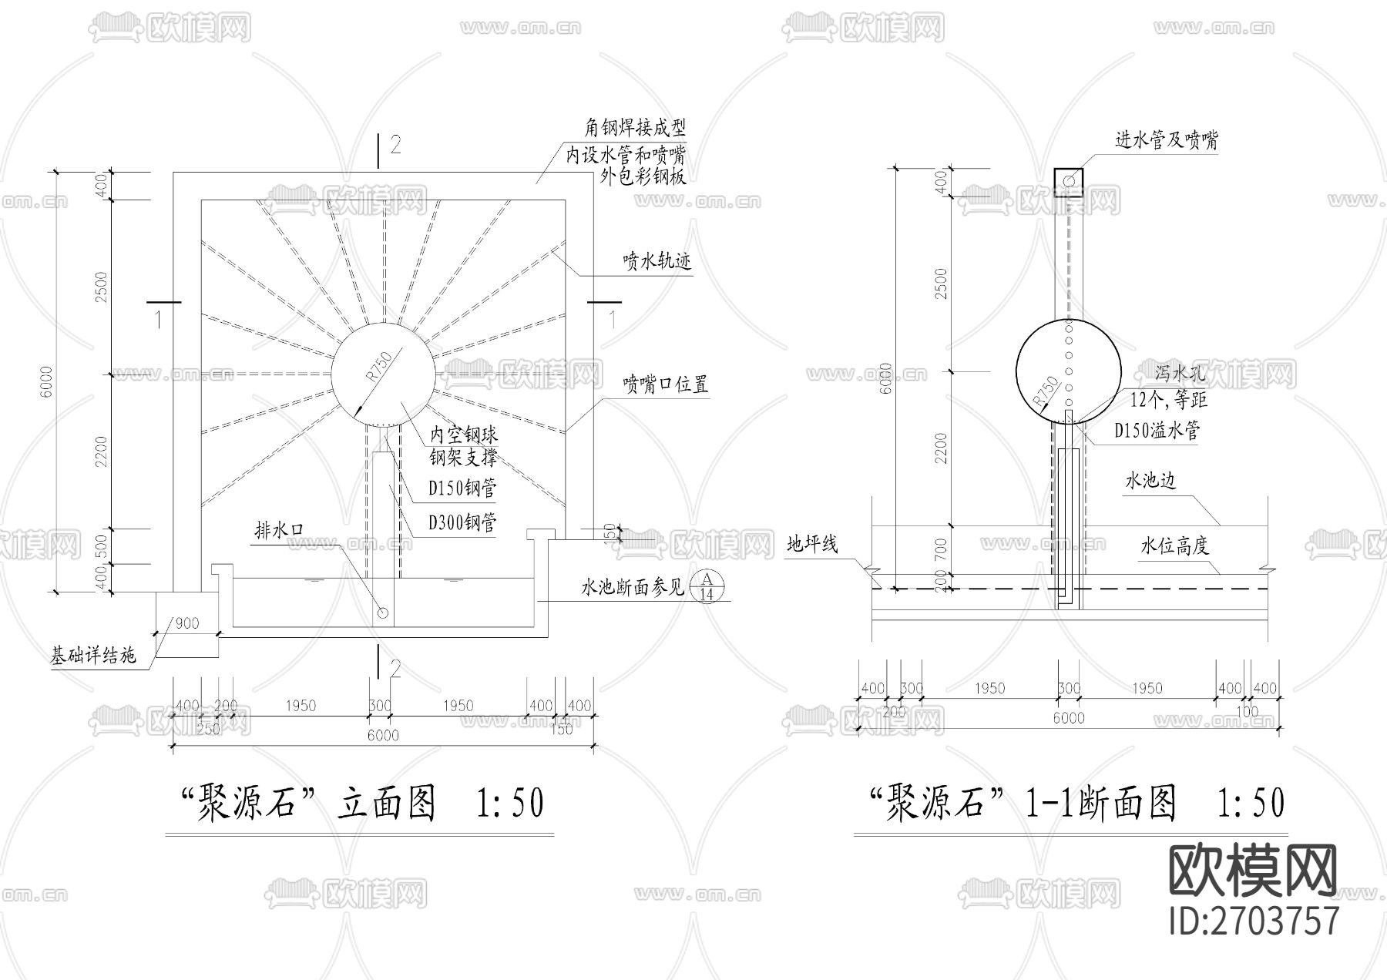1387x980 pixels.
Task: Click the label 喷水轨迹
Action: click(x=657, y=262)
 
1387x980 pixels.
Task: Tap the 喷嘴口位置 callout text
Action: click(x=666, y=384)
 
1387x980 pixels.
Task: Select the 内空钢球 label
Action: click(x=463, y=435)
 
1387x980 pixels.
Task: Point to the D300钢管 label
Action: click(x=462, y=523)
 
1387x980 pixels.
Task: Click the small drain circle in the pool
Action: click(x=383, y=613)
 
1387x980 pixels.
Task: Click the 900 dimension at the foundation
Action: click(x=186, y=623)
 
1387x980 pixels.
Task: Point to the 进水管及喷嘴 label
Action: click(x=1167, y=140)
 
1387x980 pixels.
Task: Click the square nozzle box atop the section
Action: click(x=1069, y=182)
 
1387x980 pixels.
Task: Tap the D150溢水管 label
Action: click(x=1157, y=431)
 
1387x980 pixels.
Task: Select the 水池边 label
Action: click(x=1150, y=481)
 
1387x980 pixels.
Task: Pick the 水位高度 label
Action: click(x=1174, y=546)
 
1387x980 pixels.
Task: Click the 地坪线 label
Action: click(x=811, y=545)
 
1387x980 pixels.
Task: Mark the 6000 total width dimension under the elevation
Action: click(x=383, y=735)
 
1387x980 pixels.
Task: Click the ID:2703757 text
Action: click(x=1254, y=921)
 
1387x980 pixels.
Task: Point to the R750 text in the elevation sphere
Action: click(x=379, y=367)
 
